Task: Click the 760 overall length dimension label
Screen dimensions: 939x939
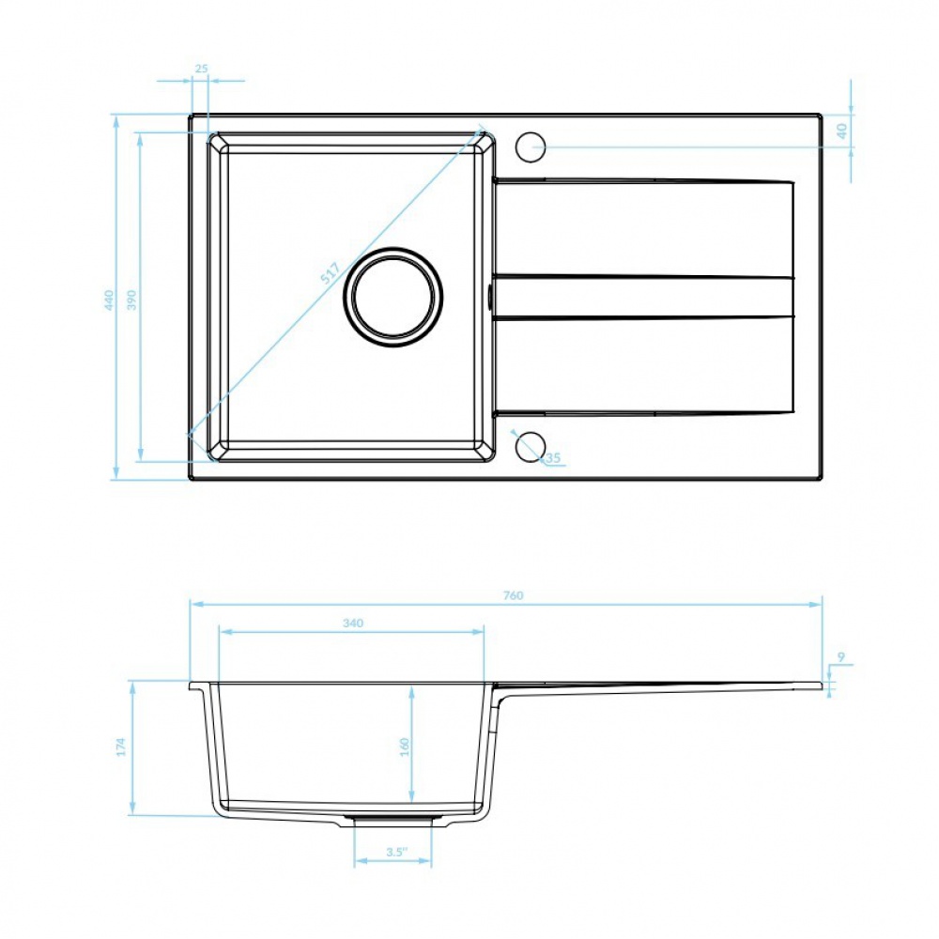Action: (x=514, y=595)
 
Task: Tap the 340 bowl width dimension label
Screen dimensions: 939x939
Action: (x=353, y=623)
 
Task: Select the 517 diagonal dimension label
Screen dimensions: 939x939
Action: (x=330, y=273)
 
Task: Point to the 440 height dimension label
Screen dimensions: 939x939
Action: (x=108, y=300)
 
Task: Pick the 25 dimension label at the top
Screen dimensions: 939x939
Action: (x=201, y=69)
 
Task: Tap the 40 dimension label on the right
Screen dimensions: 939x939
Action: (x=841, y=131)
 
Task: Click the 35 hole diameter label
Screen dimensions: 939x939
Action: (x=553, y=458)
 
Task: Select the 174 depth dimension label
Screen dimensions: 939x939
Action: (x=120, y=747)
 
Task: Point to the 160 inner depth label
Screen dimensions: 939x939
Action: (x=404, y=747)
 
